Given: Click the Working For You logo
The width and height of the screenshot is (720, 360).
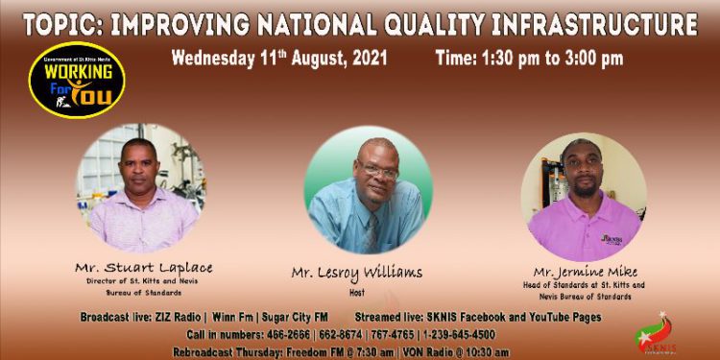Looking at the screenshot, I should (76, 79).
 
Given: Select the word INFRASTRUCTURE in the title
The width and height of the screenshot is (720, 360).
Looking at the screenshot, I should (571, 23).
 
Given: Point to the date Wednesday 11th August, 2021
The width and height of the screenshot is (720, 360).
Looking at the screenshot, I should (278, 58).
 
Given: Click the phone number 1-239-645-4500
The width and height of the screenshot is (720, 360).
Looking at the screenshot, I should (454, 335).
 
